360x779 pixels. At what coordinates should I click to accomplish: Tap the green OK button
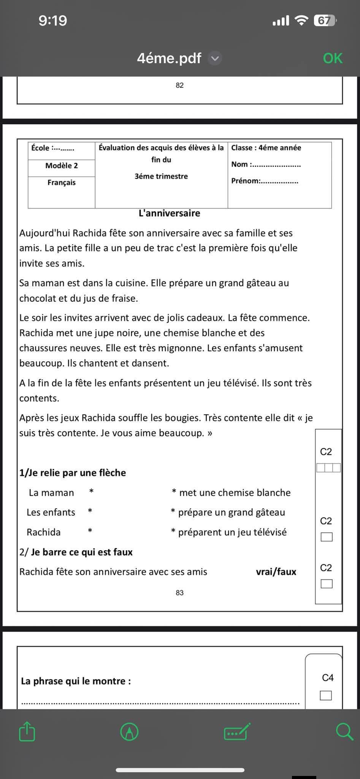click(x=333, y=58)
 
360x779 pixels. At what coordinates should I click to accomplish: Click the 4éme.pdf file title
click(x=169, y=58)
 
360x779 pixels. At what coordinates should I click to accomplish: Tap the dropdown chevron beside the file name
click(x=215, y=58)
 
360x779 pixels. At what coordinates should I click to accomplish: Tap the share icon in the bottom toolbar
click(x=27, y=731)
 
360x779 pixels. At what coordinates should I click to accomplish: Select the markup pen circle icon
click(x=129, y=731)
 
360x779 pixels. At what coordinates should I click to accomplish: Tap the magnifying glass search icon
click(x=344, y=731)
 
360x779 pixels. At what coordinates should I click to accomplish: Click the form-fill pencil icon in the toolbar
click(x=237, y=731)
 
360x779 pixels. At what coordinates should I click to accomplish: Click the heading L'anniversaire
click(x=169, y=213)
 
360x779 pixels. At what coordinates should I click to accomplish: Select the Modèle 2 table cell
click(x=62, y=165)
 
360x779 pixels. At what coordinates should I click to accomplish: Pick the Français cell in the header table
click(x=62, y=183)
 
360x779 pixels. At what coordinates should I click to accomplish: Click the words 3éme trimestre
click(x=161, y=176)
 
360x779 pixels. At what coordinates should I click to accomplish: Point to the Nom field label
click(x=239, y=164)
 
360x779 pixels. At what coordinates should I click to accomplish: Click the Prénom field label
click(x=245, y=181)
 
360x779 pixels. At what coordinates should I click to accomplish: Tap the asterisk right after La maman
click(x=91, y=491)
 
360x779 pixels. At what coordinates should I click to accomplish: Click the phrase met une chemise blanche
click(x=235, y=493)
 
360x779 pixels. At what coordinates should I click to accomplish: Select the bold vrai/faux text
click(x=276, y=572)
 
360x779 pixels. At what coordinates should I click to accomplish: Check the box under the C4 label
click(x=326, y=695)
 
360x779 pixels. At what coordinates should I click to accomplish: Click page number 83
click(x=180, y=593)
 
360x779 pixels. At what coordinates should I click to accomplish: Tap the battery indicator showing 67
click(x=325, y=21)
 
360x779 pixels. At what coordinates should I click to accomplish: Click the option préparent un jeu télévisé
click(x=232, y=532)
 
